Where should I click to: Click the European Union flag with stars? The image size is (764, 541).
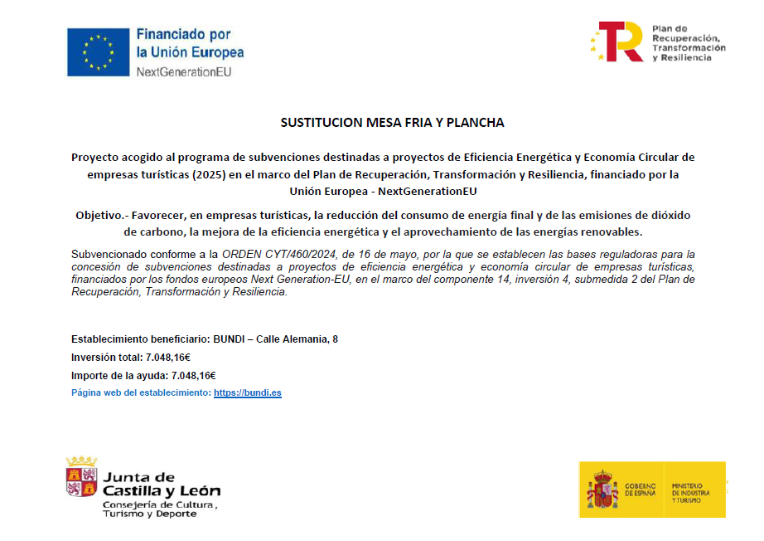coord(99,51)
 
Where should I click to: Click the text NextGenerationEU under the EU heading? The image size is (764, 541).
coord(183,71)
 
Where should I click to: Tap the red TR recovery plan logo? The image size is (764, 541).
coord(619,41)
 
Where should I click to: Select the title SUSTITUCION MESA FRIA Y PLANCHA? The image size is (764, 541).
coord(392,123)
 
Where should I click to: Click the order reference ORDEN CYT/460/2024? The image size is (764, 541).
coord(278,253)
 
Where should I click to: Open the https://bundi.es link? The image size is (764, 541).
coord(247,392)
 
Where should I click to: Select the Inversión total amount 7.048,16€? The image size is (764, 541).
coord(168,357)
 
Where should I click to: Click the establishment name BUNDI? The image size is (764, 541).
coord(230,339)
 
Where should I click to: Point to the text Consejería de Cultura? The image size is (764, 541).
coord(159,504)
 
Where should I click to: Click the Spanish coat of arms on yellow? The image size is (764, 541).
coord(603,489)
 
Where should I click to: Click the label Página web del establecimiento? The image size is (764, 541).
coord(141,392)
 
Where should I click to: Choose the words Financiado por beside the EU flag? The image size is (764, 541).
coord(183,35)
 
